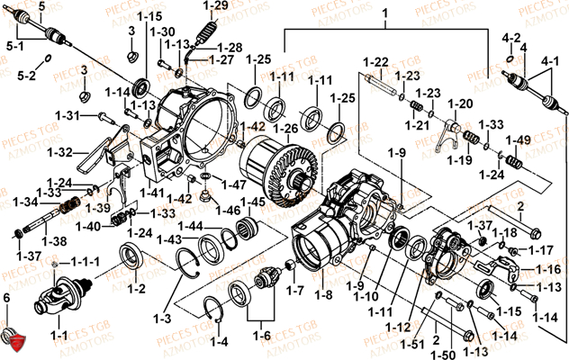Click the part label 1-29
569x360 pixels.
[x=215, y=7]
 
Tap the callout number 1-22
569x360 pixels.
[x=375, y=61]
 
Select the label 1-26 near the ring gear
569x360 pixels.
[x=285, y=129]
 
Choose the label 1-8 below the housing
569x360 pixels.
[x=322, y=292]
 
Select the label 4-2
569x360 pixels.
[x=511, y=38]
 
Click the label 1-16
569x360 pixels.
[x=546, y=269]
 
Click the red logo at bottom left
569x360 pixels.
[x=16, y=341]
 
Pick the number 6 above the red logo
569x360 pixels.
[x=6, y=298]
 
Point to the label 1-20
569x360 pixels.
[x=459, y=103]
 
